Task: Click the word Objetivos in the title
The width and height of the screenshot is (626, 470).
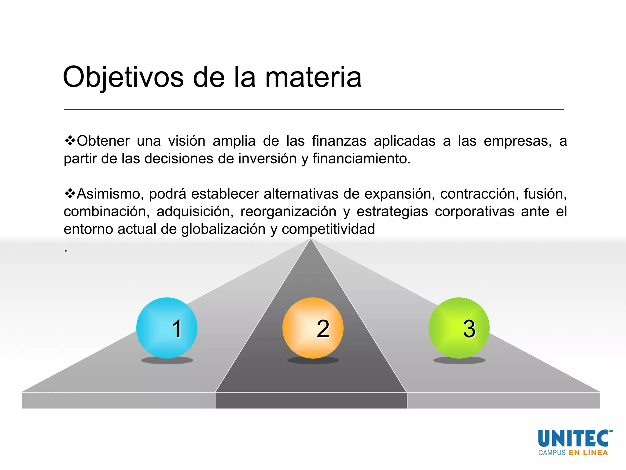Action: click(x=123, y=77)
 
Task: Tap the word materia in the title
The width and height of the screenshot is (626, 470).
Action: click(x=313, y=77)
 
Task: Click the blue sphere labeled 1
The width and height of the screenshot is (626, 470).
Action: click(x=167, y=328)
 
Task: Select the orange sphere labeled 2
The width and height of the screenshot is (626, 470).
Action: click(x=313, y=328)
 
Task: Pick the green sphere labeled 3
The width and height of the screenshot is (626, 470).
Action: click(x=459, y=328)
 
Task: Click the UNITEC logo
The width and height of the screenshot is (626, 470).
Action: click(x=573, y=438)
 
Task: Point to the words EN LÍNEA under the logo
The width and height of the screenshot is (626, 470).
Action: click(x=588, y=453)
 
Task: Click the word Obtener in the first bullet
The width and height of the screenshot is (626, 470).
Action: click(x=103, y=141)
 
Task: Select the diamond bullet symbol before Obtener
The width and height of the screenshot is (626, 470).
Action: click(x=70, y=141)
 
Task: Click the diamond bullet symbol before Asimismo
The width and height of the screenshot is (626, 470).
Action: click(x=70, y=194)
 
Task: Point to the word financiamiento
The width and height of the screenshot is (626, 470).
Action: click(x=361, y=159)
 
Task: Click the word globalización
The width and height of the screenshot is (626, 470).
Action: click(x=223, y=229)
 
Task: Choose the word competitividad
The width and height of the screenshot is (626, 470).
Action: click(x=328, y=229)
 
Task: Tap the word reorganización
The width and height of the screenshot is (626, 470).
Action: click(x=288, y=212)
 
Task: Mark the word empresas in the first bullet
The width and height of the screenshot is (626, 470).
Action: click(x=517, y=141)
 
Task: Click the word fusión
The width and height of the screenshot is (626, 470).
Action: click(x=545, y=194)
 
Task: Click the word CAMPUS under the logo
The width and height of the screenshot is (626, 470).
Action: click(x=552, y=453)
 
